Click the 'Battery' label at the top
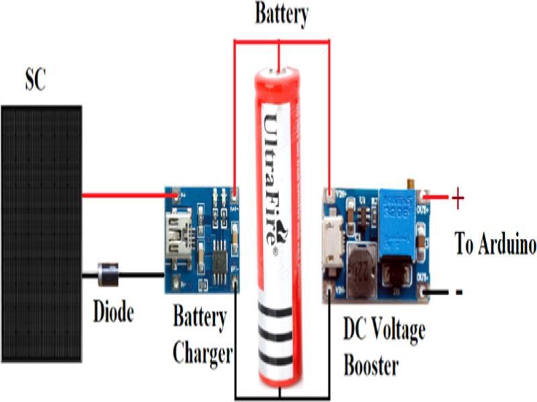281,14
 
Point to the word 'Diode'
113,312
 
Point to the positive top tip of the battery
278,69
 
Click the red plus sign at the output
457,198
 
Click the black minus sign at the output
458,292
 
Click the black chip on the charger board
219,255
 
